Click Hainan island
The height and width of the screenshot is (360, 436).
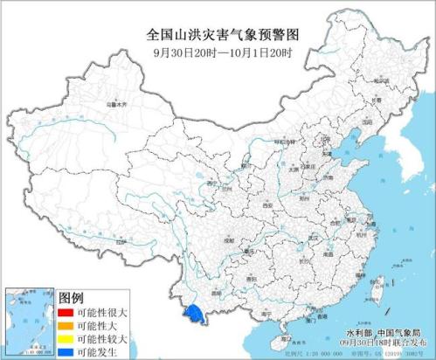point(282,336)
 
